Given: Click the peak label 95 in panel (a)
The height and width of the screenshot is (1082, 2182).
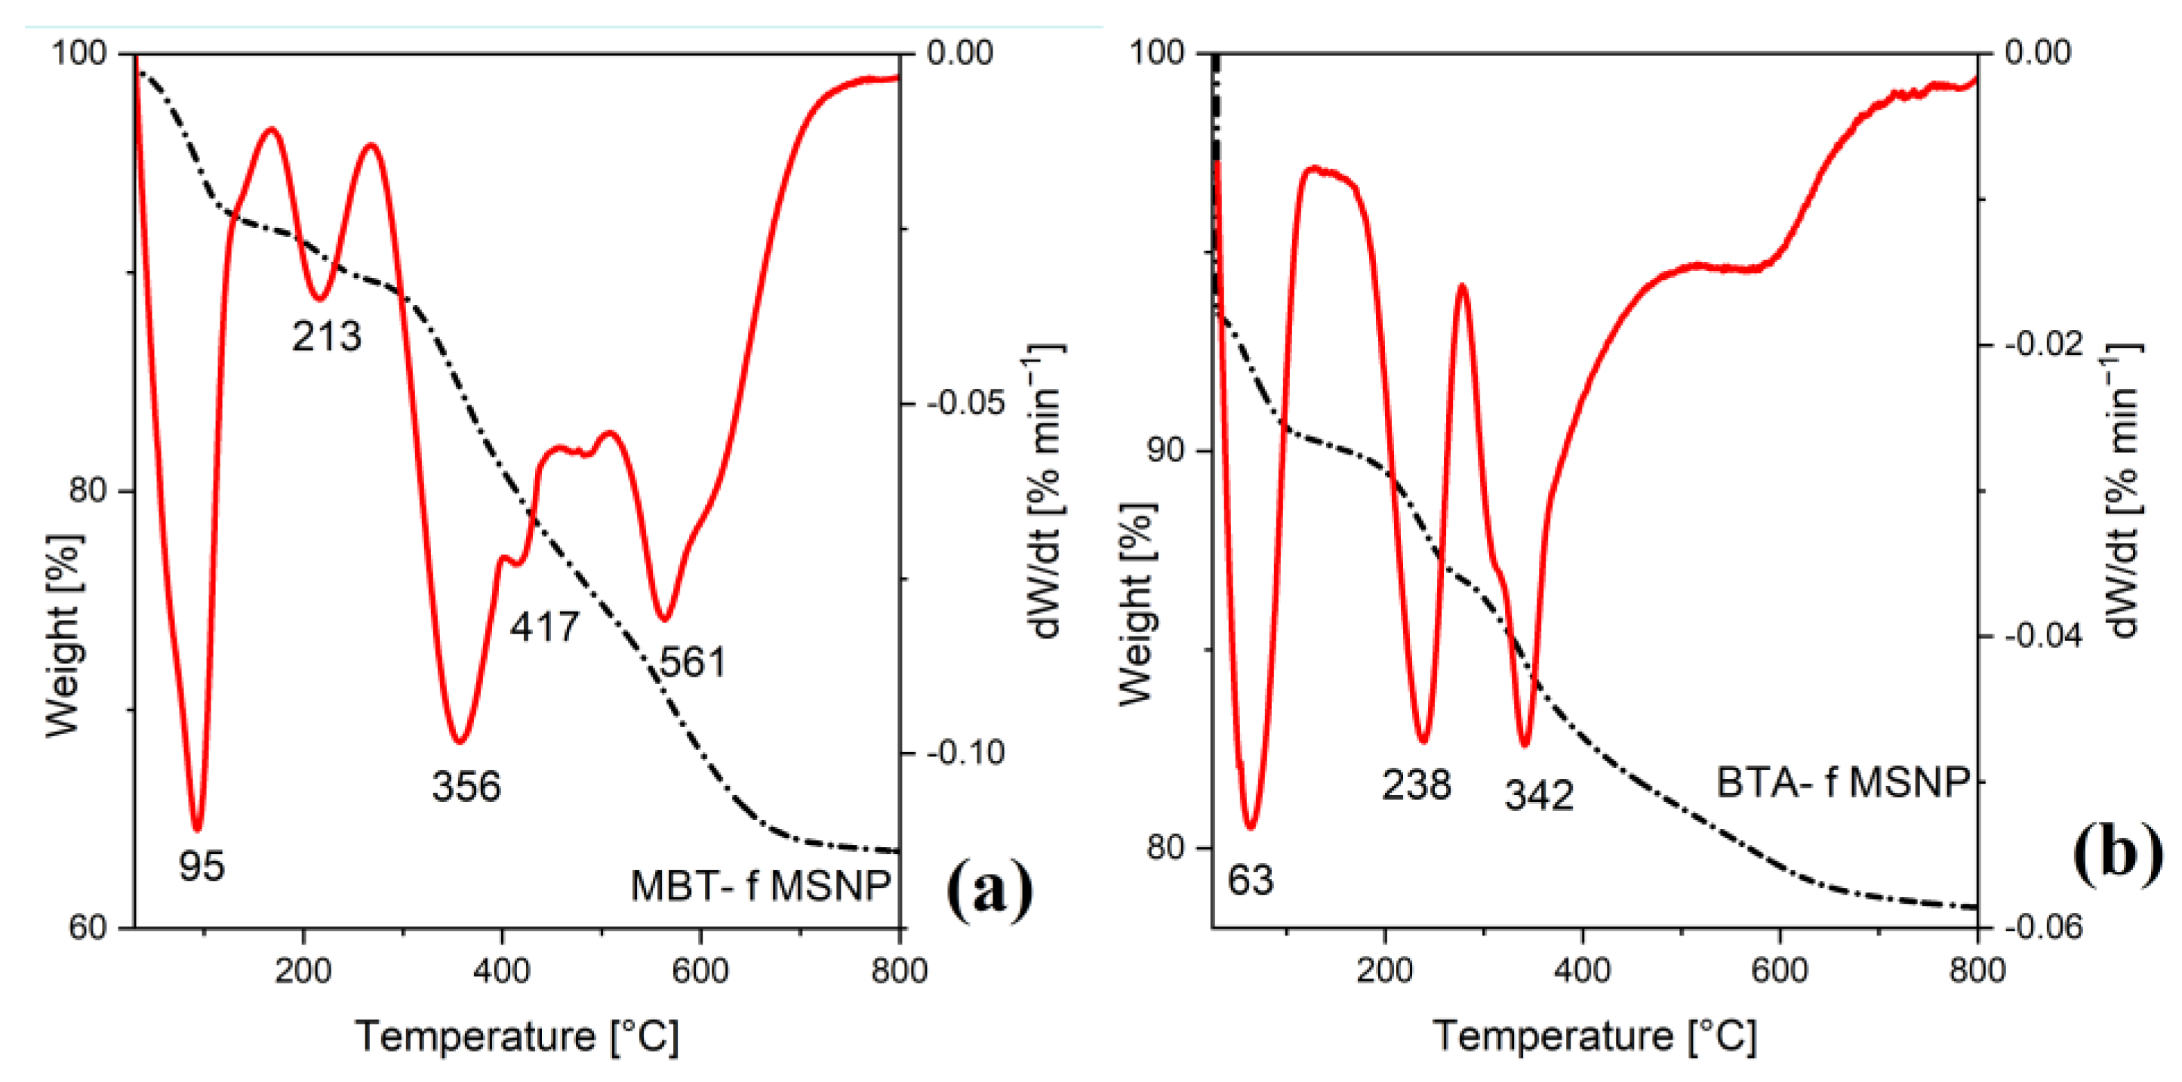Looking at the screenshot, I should point(202,866).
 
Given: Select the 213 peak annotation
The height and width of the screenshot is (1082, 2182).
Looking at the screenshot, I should point(326,336).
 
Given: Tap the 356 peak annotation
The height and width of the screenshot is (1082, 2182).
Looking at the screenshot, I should point(466,786).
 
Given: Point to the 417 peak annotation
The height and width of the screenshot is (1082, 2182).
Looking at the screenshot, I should point(544,627).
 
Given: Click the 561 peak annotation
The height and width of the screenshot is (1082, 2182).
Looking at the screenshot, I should point(693,661).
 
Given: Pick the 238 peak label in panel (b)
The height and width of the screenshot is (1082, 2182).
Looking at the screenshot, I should point(1416,785).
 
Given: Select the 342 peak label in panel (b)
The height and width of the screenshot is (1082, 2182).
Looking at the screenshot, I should point(1538,795).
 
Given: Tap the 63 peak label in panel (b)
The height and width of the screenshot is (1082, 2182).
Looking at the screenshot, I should point(1250,880).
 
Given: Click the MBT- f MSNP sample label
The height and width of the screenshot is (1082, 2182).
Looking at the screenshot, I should point(760,886).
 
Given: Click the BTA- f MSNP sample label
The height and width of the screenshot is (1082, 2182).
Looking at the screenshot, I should point(1842,782).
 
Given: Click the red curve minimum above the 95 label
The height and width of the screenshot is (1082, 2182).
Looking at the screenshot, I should point(197,828).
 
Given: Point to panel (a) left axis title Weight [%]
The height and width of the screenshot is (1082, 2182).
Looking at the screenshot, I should point(63,636).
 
